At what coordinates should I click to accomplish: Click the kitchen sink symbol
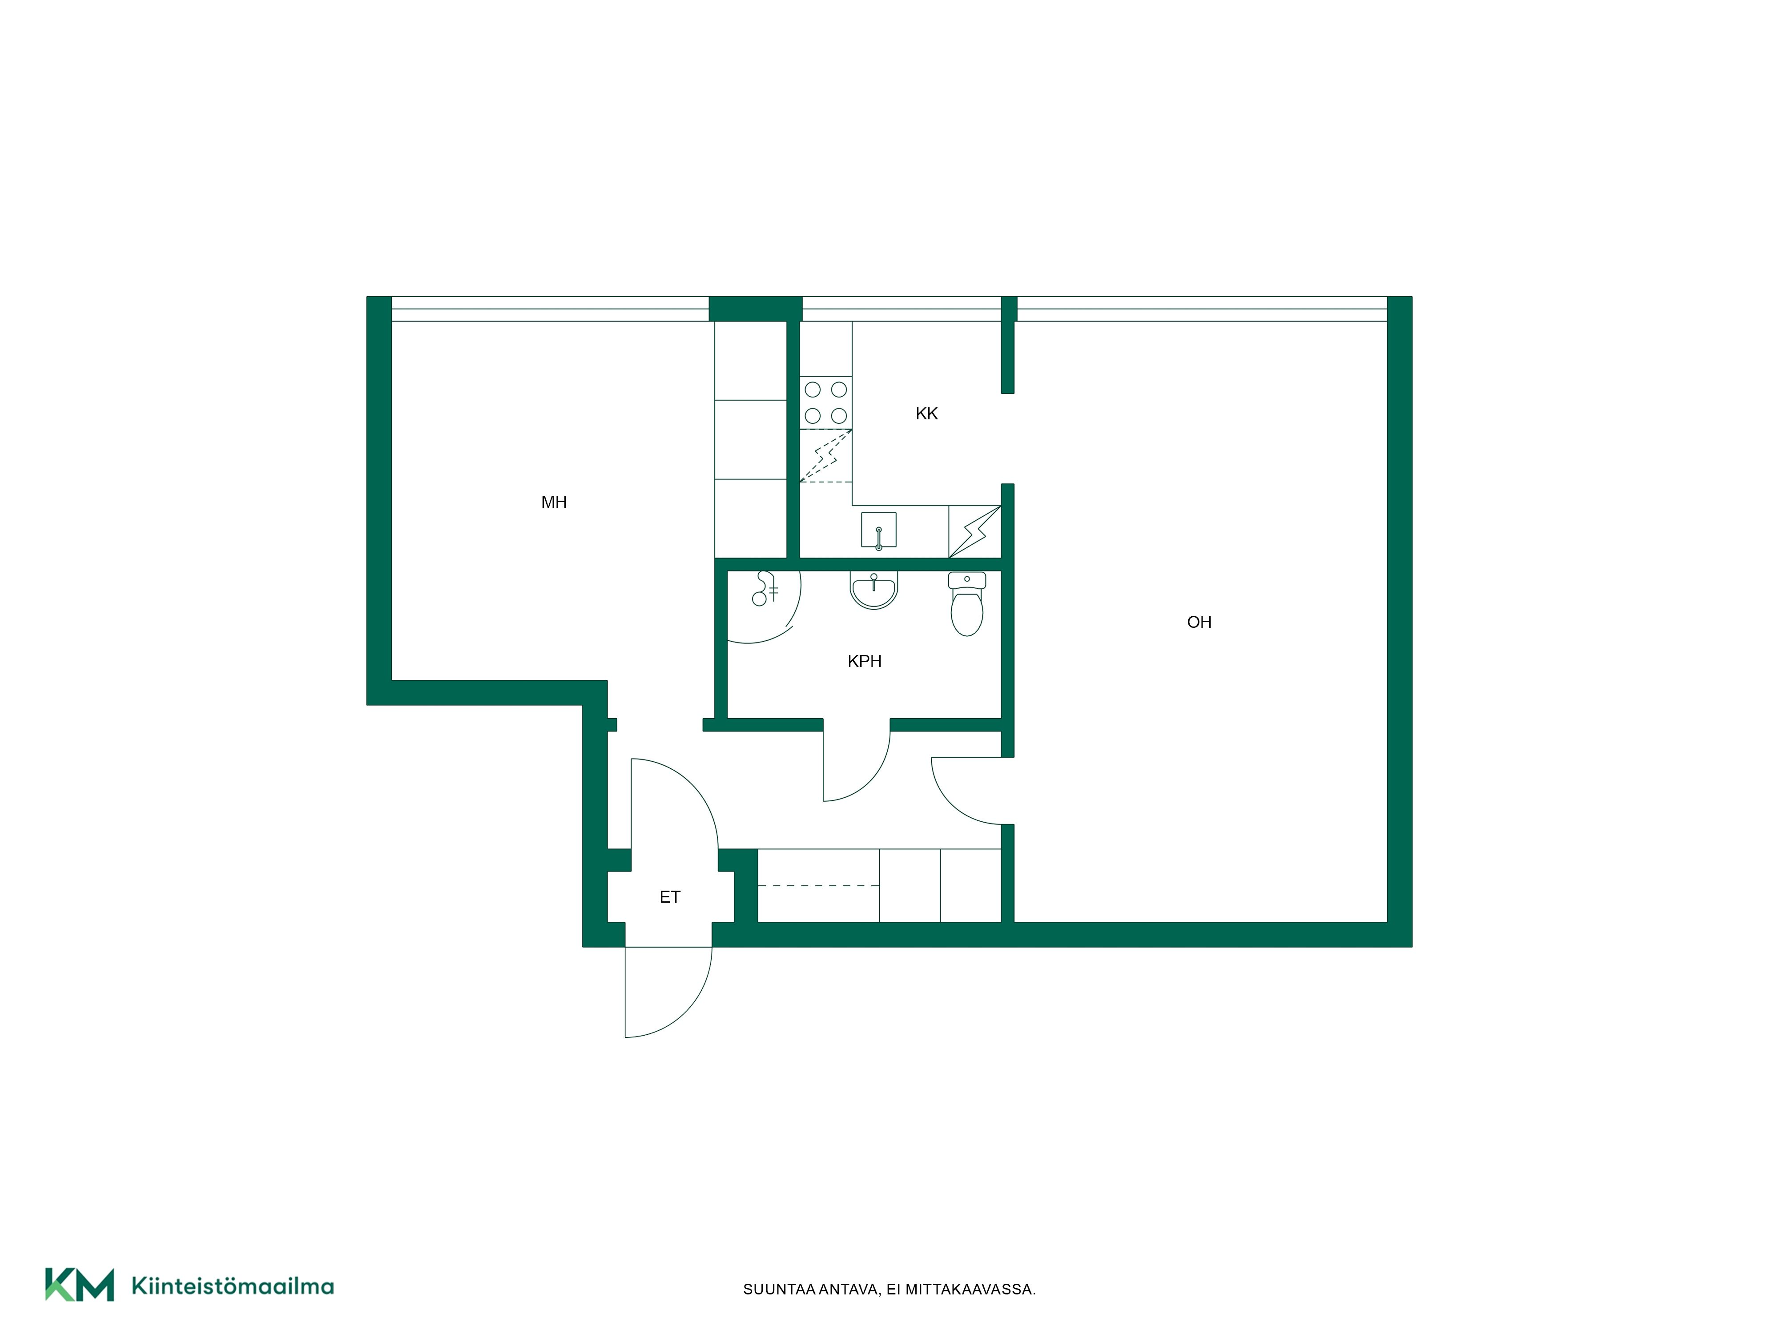(x=878, y=530)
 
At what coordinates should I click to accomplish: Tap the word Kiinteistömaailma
(x=233, y=1286)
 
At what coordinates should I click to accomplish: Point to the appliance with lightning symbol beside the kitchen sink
(x=975, y=531)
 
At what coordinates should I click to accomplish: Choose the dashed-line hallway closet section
(x=819, y=885)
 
